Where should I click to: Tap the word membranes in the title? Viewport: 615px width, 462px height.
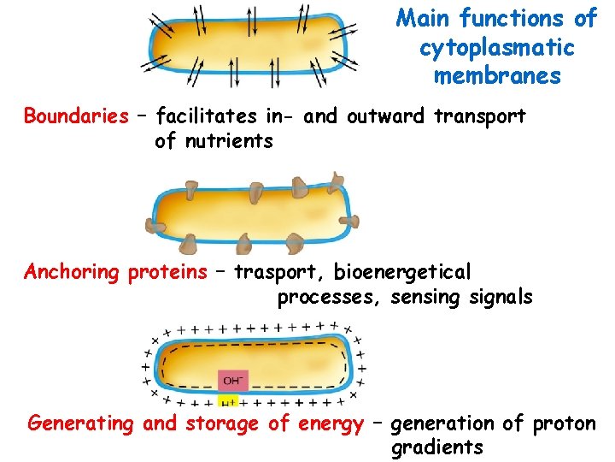tap(497, 76)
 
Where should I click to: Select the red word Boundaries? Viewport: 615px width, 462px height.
tap(76, 116)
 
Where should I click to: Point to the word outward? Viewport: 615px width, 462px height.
tap(381, 116)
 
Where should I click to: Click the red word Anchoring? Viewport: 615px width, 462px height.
tap(73, 272)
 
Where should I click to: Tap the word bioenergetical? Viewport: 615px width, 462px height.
tap(402, 272)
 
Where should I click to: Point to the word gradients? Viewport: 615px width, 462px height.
tap(436, 447)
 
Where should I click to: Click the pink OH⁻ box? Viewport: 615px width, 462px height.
tap(233, 380)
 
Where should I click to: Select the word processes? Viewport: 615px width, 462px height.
tap(330, 298)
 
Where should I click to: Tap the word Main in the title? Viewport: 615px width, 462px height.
tap(425, 19)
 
